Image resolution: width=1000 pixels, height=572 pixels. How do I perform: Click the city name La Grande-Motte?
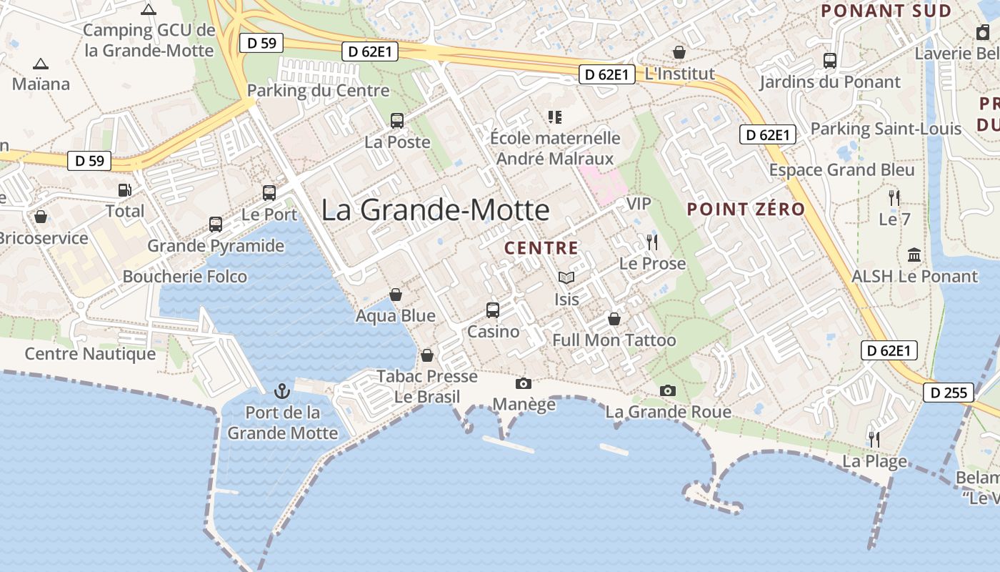click(435, 210)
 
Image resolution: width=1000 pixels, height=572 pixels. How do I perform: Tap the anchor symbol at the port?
click(281, 391)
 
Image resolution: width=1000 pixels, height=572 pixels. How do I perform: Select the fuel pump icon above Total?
click(125, 190)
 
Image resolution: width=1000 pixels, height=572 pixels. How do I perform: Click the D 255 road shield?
click(949, 393)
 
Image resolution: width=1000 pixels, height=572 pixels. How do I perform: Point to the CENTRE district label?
click(541, 248)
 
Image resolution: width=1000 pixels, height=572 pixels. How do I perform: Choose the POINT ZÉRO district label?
click(746, 209)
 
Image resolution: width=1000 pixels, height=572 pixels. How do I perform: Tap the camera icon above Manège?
click(524, 384)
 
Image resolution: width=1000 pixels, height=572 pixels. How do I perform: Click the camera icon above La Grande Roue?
click(668, 390)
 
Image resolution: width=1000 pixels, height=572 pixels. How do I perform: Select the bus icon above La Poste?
click(397, 121)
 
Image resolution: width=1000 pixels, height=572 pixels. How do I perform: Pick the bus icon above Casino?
click(493, 310)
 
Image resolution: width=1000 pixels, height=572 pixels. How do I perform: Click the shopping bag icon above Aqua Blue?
click(395, 295)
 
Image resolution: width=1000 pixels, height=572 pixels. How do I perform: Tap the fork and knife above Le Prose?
click(651, 242)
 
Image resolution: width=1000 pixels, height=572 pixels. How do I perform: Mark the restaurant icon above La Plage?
click(873, 439)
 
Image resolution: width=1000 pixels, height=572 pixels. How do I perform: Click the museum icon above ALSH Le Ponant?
click(914, 255)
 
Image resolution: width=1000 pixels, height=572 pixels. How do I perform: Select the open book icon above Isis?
click(566, 278)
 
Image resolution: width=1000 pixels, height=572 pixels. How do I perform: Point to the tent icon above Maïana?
click(41, 64)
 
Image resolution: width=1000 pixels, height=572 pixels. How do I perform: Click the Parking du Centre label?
click(318, 91)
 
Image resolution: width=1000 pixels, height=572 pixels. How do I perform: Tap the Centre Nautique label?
click(90, 354)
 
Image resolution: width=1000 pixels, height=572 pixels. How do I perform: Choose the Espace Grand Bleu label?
click(841, 170)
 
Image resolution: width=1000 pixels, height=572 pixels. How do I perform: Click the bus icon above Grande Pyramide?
click(216, 225)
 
